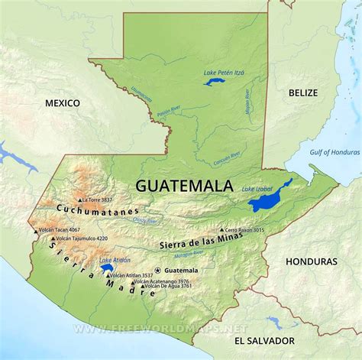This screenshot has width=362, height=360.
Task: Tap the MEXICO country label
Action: pyautogui.click(x=62, y=102)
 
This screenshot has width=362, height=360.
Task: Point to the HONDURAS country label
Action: pyautogui.click(x=311, y=261)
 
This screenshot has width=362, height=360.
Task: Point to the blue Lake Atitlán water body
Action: pyautogui.click(x=108, y=269)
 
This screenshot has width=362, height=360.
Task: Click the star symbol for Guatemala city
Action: pyautogui.click(x=158, y=270)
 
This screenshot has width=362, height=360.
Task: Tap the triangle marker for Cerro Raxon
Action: pyautogui.click(x=222, y=229)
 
